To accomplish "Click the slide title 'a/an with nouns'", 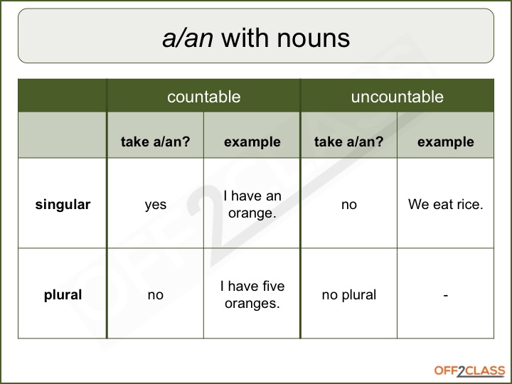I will coord(256,38).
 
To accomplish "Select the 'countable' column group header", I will coord(203,97).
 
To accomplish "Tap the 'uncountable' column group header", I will coord(397,97).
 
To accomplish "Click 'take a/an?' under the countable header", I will coord(155,142).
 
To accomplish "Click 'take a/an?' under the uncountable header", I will coord(348,142).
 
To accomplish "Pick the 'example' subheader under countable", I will coord(252,142).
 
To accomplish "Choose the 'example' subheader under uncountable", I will coord(445,142).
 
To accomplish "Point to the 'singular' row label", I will coord(63,205).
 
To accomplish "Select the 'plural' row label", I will coord(63,294).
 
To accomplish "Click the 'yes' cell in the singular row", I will coord(155,205).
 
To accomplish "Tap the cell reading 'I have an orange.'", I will coord(252,205).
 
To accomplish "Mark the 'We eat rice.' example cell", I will coord(445,205).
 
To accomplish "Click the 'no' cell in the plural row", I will coord(155,294).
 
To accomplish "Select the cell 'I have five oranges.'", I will coord(252,294).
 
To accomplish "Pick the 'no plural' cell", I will coord(348,294).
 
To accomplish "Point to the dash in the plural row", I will coord(445,294).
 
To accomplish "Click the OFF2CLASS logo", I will coord(469,370).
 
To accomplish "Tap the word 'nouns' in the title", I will coord(315,38).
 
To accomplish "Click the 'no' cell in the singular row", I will coord(348,205).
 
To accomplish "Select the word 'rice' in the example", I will coord(469,205).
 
